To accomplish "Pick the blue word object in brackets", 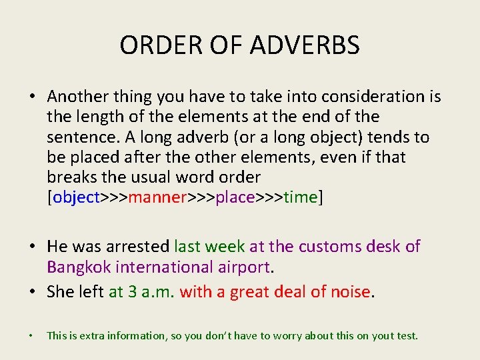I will click(x=75, y=198).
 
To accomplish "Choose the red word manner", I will click(x=157, y=198).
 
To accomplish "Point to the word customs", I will click(x=329, y=247).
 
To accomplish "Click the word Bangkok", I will click(x=79, y=267).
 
